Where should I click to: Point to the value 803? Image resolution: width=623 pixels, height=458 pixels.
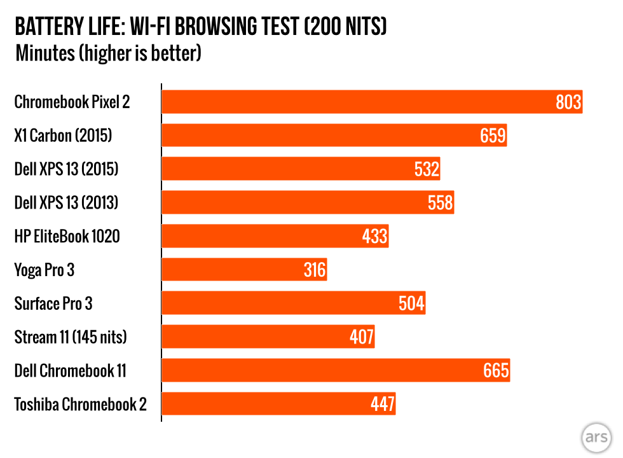point(568,102)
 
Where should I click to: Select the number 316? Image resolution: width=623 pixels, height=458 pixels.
point(314,270)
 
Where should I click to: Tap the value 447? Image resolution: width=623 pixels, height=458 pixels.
point(383,404)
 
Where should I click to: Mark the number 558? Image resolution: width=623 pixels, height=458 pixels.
point(440,203)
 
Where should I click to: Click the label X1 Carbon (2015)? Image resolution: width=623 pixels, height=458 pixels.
point(64,135)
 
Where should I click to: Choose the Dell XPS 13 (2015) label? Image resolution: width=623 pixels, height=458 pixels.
point(66,169)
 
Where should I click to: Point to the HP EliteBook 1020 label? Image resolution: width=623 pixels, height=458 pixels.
point(67,237)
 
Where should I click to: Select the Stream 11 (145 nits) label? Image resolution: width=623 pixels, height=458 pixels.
point(70,337)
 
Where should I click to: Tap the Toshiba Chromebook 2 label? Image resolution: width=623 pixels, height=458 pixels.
point(80,404)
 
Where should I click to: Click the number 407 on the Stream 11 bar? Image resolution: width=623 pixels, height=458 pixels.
point(361,337)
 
